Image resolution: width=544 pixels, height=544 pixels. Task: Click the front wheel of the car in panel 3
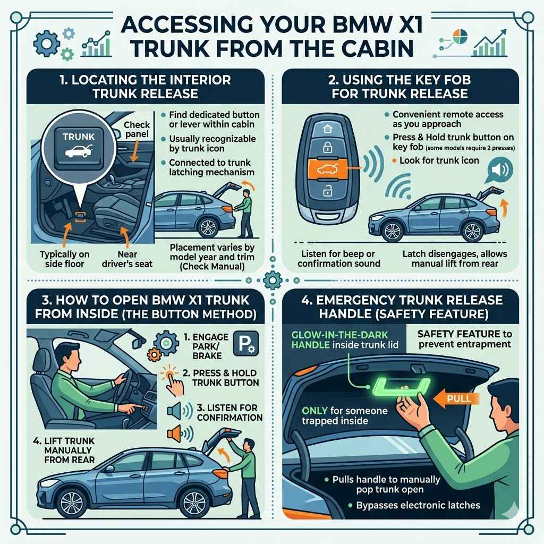pos(72,501)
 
